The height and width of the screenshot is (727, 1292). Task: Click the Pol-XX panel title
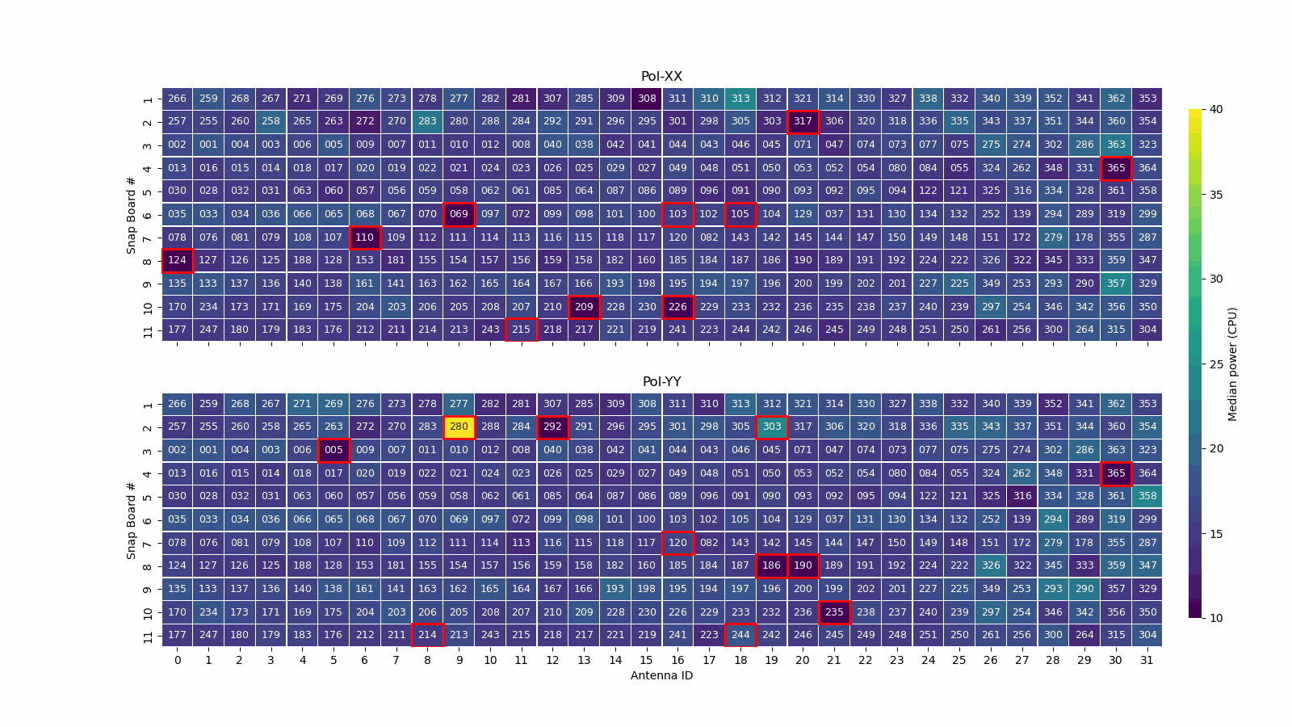pos(661,77)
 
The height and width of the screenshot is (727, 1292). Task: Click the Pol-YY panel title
pos(661,382)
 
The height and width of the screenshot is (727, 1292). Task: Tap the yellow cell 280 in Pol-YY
pos(459,427)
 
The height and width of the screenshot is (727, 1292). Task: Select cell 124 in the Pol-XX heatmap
pos(177,260)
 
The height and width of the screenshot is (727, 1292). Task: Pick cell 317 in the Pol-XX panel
pos(803,121)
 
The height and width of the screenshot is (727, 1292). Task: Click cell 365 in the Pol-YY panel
pos(1115,473)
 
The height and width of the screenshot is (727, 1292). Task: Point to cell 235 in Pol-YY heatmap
pos(834,612)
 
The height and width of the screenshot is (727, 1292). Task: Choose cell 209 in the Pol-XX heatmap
pos(584,307)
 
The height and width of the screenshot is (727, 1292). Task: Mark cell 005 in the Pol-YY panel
pos(333,450)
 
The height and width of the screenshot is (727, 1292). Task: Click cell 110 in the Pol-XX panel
pos(365,237)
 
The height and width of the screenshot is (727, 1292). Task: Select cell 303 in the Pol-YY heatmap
pos(772,427)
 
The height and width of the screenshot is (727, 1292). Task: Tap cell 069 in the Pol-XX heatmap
pos(459,214)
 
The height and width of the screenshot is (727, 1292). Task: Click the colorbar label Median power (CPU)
pos(1232,363)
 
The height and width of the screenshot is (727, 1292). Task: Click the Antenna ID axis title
pos(661,675)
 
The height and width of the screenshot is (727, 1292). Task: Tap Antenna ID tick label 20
pos(803,660)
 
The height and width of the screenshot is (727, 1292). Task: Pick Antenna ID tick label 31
pos(1147,660)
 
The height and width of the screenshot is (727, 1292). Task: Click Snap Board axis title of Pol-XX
pos(131,214)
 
